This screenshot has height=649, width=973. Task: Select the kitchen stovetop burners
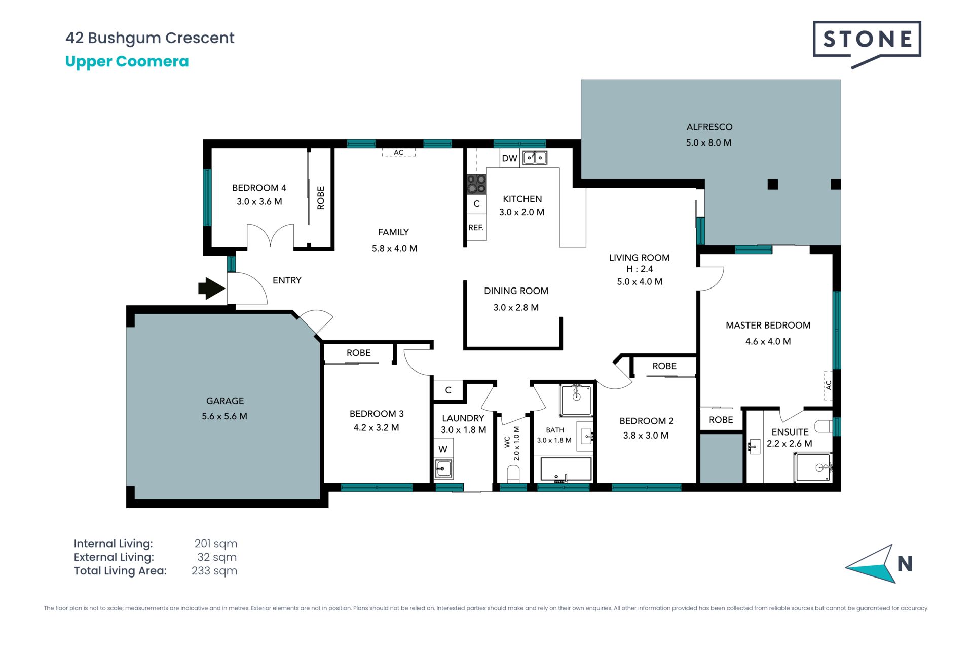pos(476,184)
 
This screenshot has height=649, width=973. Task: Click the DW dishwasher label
pos(509,158)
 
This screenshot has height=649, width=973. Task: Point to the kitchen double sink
pos(535,158)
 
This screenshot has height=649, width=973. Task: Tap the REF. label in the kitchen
pos(476,228)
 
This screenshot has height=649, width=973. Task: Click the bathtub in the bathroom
pos(566,469)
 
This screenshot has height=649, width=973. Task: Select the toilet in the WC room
pos(513,474)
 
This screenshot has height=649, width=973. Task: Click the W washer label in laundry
pos(443,449)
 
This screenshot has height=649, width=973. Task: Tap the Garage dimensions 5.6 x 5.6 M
pos(224,416)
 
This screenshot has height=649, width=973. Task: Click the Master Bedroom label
pos(768,326)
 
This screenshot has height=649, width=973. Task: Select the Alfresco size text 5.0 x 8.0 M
pos(708,143)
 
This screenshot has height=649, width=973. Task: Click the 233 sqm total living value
pos(214,571)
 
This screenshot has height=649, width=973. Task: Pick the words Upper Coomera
pos(127,62)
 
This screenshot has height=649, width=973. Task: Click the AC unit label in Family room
pos(399,152)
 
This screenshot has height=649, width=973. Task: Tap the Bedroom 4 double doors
pos(270,236)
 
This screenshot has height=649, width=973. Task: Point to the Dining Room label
pos(516,291)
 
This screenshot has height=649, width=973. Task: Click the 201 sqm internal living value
pos(216,544)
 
